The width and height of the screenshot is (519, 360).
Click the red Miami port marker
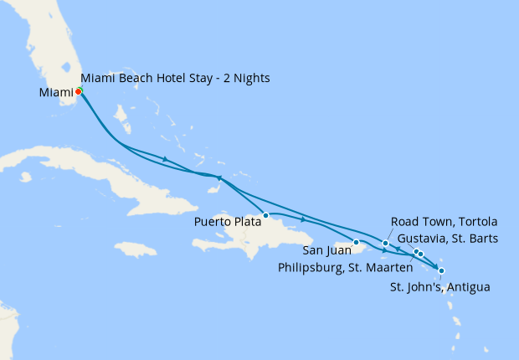78,91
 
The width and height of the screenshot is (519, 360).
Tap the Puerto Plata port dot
265,215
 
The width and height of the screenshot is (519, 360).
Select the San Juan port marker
357,243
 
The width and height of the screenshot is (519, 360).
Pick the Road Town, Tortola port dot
385,244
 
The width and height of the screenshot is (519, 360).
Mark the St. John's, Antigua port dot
441,270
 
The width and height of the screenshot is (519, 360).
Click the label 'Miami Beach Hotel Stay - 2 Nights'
175,79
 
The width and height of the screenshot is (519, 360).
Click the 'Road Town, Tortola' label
444,222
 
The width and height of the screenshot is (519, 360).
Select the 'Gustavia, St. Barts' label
448,239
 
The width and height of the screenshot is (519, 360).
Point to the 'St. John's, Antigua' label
440,287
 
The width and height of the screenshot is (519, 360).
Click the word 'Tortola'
480,222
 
